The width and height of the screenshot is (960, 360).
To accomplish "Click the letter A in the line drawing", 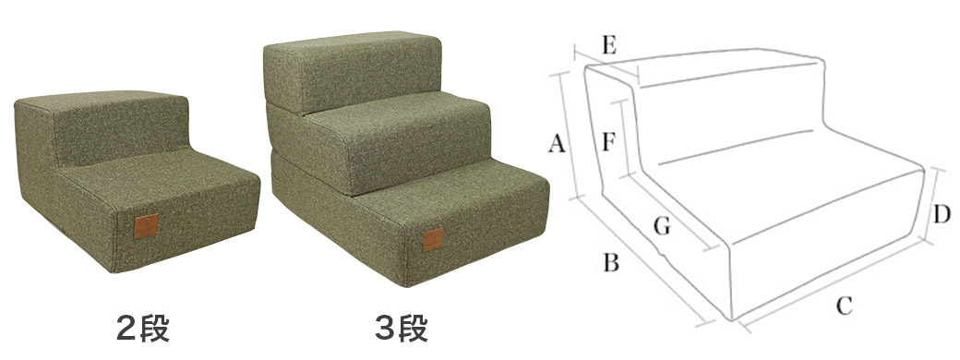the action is pos(556,144).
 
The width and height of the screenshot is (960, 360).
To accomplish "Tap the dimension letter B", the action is pos(612,262).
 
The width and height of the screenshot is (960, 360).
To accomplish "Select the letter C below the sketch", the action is pos(845,305).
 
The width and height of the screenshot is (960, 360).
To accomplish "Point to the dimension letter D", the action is pos(942,214).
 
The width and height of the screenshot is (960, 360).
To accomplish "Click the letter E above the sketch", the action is pos(608,45).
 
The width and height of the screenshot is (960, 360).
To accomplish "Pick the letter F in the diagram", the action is pos(609,142).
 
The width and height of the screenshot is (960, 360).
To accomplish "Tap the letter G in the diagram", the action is pos(663,226).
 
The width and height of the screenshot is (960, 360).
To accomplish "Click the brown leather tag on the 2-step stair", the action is pos(147,226).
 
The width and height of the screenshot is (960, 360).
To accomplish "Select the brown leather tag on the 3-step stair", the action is pos(434,240).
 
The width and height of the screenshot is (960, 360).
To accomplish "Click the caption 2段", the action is pos(143,330).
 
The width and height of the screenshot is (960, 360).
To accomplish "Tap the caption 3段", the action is pos(402,330).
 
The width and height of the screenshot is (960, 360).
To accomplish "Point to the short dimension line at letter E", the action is pos(606,65).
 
